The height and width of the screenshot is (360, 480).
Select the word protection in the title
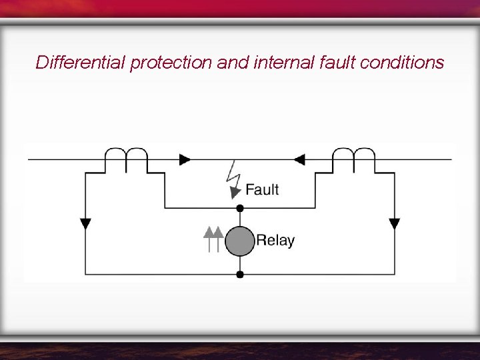172,63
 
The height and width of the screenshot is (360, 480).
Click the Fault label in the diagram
262,189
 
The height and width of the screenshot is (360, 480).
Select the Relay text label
275,241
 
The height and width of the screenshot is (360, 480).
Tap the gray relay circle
240,241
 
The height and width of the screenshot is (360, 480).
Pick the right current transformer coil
354,159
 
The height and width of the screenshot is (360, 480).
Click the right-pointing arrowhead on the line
185,159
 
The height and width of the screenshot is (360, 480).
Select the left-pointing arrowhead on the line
299,159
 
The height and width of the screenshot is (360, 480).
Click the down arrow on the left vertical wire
85,223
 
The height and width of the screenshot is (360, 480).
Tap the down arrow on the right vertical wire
394,223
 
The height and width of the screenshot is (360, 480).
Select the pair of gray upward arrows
212,239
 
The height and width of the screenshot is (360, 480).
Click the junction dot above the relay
240,208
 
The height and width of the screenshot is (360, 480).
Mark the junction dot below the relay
240,274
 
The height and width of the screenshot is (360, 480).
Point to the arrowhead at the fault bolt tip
235,192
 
